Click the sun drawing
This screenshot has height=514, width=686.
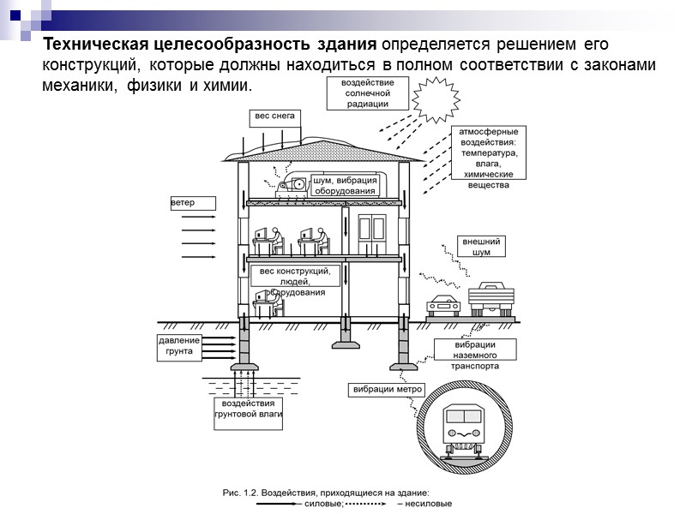tap(440, 99)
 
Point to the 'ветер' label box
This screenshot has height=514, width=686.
tap(190, 203)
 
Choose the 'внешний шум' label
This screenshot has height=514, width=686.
tap(481, 247)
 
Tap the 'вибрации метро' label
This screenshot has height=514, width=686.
tap(388, 389)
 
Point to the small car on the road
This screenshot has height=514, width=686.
tap(442, 304)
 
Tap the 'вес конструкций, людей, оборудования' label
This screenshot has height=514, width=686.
tap(295, 281)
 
